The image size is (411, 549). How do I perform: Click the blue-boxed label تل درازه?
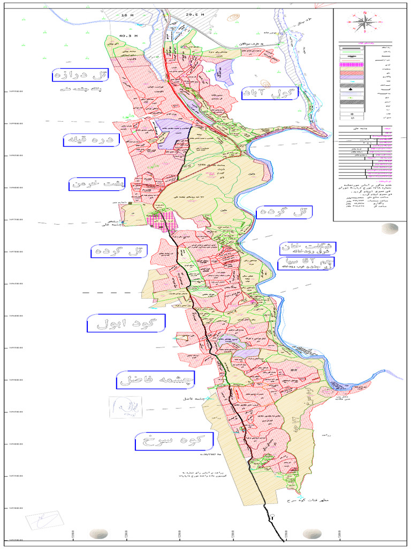point(80,75)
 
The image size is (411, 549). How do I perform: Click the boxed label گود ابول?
point(126,323)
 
